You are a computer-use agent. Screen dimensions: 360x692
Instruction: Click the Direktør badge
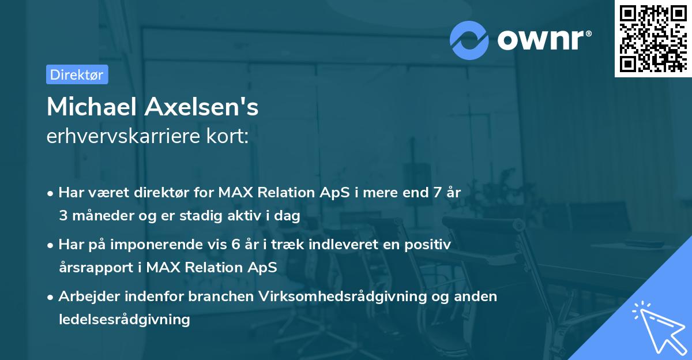[x=77, y=74]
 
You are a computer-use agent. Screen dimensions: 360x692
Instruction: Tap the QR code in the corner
[x=652, y=38]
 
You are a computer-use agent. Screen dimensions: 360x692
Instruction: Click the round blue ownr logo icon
[x=469, y=40]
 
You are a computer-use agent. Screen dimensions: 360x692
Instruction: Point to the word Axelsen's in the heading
[x=200, y=107]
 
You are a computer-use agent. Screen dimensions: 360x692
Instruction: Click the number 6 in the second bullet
[x=235, y=245]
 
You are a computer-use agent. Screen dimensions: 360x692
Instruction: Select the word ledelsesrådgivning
[x=124, y=319]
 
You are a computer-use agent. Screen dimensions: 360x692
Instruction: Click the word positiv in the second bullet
[x=429, y=245]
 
